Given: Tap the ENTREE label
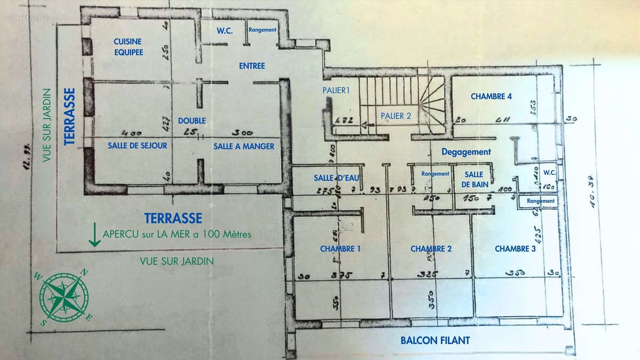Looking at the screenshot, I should point(252,66).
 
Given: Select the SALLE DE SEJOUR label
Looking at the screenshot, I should point(138,146).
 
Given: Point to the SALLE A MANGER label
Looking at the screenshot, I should point(244,146).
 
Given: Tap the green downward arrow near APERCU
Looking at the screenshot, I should point(94,235).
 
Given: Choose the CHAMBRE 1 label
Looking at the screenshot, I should point(340,249).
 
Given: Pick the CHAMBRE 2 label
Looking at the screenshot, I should point(431,249).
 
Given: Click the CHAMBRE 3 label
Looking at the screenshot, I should point(515,249).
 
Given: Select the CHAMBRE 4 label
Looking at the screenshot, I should point(491,97).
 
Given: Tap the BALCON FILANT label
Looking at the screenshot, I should point(435,340).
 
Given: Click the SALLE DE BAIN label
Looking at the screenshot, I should point(474,179).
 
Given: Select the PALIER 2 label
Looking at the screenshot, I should point(396,115).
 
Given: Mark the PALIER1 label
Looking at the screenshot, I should point(336,90).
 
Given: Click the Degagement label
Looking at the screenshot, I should point(466,152).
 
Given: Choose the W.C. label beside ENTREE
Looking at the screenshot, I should point(225,30).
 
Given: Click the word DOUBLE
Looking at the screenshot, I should point(192,121).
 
